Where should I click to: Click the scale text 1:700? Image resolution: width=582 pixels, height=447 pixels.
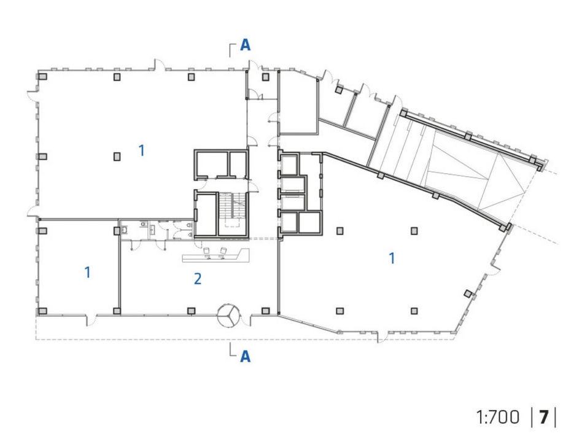coord(498,418)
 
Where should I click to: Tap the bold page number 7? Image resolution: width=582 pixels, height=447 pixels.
coord(544,418)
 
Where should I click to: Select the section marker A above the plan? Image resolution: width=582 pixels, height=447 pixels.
coord(246,45)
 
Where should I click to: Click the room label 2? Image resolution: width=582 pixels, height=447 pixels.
coord(198,278)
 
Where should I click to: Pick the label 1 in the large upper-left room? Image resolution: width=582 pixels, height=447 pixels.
coord(141,150)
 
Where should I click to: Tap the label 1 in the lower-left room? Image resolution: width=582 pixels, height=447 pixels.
coord(88,272)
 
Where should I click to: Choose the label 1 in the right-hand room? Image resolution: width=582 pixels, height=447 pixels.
coord(392,258)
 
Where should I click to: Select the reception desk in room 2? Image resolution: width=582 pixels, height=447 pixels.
coord(215,256)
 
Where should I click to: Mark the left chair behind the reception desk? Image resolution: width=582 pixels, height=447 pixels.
coord(207,252)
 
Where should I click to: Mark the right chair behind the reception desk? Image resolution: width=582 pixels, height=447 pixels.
coord(223,252)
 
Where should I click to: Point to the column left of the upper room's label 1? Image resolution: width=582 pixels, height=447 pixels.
coord(117,157)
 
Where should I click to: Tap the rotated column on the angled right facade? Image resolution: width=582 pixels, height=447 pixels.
coord(468,293)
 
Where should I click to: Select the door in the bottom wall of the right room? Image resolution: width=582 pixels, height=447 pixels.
coord(382,335)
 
